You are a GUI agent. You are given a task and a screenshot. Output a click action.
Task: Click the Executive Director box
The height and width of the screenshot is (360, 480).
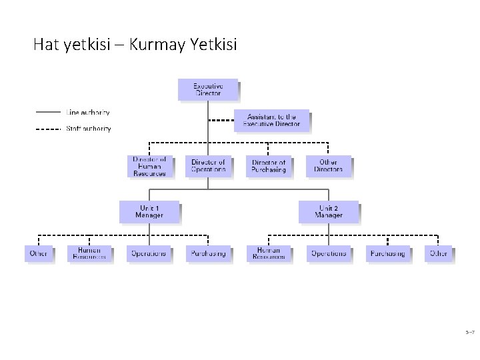[x=208, y=89]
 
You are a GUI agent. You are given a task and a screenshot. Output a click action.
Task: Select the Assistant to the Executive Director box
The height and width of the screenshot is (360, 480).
[x=271, y=121]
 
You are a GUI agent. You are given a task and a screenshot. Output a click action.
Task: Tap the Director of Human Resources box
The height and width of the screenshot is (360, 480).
[x=149, y=166]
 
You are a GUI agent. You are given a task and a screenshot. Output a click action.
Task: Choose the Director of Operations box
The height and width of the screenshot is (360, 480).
[x=208, y=166]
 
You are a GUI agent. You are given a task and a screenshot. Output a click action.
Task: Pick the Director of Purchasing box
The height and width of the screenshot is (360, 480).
[x=268, y=166]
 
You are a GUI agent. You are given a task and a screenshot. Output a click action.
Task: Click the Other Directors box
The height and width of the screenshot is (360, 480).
[x=328, y=166]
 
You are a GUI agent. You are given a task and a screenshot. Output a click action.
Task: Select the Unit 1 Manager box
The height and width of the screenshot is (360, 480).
[x=149, y=212]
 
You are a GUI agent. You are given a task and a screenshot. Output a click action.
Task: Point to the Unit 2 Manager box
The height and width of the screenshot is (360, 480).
[x=328, y=212]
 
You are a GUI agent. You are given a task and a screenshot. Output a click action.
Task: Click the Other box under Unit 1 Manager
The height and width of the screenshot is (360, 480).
[x=39, y=253]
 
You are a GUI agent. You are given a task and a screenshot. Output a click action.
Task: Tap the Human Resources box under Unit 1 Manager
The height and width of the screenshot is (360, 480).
[x=89, y=253]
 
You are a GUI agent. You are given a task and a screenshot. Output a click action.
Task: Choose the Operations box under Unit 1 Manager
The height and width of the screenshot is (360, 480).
[x=149, y=253]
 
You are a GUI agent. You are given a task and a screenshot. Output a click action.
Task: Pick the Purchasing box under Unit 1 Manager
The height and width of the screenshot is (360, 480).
[x=208, y=253]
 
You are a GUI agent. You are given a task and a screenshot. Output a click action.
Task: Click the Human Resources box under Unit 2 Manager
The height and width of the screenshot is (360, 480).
[x=269, y=253]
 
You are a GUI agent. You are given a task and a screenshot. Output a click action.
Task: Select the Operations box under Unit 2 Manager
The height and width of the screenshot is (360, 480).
[x=328, y=253]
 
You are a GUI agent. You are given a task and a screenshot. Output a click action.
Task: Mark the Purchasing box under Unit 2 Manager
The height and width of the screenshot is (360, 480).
[x=387, y=253]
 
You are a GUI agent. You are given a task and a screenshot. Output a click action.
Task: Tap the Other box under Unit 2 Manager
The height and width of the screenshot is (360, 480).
[x=439, y=253]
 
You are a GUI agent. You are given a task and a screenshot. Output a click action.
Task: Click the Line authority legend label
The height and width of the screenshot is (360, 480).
[x=87, y=113]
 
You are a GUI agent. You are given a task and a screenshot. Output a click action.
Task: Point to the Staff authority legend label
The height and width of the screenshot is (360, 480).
[x=88, y=129]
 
